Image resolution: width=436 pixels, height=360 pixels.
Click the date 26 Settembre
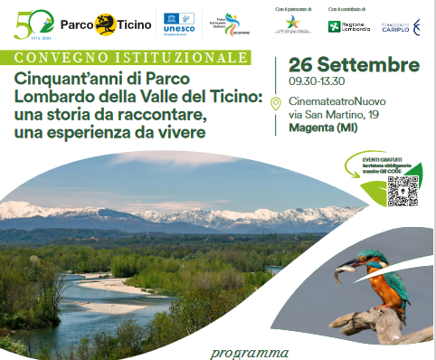click(x=354, y=66)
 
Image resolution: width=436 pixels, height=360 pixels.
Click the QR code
click(x=403, y=190)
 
